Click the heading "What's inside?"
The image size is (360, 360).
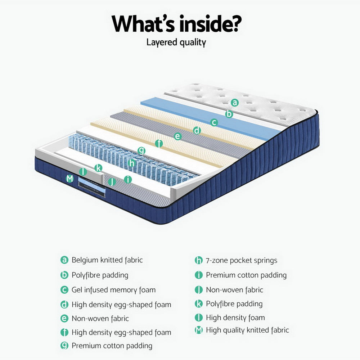tap(176, 23)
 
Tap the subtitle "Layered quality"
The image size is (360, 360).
tap(176, 42)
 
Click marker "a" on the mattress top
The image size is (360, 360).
tap(235, 103)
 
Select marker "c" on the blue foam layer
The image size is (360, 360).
tap(214, 122)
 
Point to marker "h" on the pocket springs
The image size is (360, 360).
tap(132, 163)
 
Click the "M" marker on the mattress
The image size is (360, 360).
tap(70, 178)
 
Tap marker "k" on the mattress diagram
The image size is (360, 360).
tap(98, 168)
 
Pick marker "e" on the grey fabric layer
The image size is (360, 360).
tap(177, 136)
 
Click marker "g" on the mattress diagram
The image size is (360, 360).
tap(142, 151)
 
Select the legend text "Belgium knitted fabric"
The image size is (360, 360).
tap(107, 260)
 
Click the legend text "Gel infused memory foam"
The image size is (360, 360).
tap(113, 290)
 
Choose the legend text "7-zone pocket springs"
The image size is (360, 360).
tap(241, 260)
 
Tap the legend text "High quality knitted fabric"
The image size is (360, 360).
tap(247, 330)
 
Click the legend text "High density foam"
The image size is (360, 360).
tap(235, 318)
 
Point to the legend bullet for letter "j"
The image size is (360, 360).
tap(198, 290)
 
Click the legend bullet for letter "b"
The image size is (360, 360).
tap(64, 275)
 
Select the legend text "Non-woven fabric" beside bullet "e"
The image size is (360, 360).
tap(100, 319)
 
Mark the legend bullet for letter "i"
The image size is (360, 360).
tap(198, 275)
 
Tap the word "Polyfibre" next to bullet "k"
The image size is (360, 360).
tap(220, 304)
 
